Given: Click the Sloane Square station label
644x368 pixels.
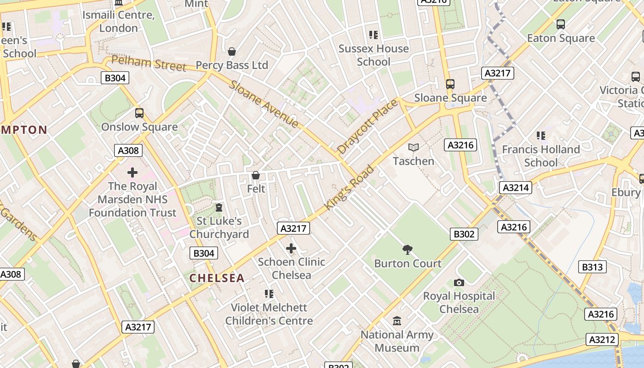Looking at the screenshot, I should pos(450,98).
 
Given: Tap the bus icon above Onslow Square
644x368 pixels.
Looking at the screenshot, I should pos(139,113).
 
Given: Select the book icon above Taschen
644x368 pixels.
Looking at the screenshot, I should pos(414,147).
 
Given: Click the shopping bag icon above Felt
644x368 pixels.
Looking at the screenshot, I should pos(256,175).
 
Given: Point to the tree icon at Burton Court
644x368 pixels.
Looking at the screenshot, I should pos(407,250).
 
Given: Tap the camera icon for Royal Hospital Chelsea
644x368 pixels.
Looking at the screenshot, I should pos(459,282).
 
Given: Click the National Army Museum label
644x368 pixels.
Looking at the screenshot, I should pos(397,341).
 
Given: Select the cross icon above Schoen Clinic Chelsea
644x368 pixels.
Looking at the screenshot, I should pos(291,248).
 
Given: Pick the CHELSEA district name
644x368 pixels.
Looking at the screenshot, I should pos(217,278).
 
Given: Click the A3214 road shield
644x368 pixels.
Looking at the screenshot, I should pos(516,188).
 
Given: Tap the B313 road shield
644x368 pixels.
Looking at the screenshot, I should pos(592,267).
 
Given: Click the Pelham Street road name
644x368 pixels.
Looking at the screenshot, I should pos(149,63).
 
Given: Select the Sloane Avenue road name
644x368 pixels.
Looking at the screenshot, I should pos(264,104).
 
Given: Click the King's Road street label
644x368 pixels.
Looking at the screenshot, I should pos(349,188).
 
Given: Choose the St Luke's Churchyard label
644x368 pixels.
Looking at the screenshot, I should pos(219,227).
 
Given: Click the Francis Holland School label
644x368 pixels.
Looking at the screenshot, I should pos(540,156).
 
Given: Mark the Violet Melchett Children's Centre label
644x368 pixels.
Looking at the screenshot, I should pos(269,314).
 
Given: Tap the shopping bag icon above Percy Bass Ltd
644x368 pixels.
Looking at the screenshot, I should pos(232,51).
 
